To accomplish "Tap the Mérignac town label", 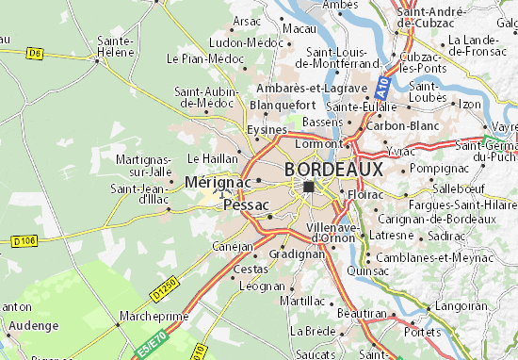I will tap(218, 181).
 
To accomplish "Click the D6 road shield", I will tap(35, 54).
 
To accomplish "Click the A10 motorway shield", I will tap(381, 87).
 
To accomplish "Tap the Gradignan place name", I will tap(289, 254).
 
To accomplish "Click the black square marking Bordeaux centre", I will tap(309, 187).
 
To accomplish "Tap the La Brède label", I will tap(314, 331).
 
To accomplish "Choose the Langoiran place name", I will tap(461, 305).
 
